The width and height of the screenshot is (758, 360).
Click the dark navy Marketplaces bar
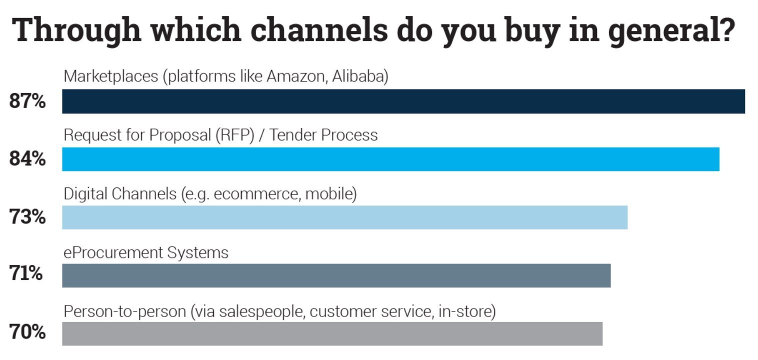coord(403,101)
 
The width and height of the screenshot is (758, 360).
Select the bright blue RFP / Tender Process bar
coord(391,159)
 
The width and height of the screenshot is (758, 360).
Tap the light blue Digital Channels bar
coord(345,217)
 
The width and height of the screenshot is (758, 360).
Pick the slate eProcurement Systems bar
coord(336,275)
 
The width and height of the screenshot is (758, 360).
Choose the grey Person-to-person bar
coord(332,333)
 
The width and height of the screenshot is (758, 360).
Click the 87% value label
coord(27,101)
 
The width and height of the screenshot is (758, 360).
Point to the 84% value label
coord(27,158)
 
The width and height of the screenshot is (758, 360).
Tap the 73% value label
coord(27,217)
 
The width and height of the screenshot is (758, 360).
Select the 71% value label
coord(25,273)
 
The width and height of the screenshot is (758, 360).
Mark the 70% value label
coord(27,332)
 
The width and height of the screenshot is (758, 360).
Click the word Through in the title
coord(76,31)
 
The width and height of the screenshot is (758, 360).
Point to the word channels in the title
coord(319,30)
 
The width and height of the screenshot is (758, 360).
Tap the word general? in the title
coord(671,31)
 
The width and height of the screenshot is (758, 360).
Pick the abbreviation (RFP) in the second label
coord(235,135)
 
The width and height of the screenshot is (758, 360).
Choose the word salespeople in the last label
coord(262,312)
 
